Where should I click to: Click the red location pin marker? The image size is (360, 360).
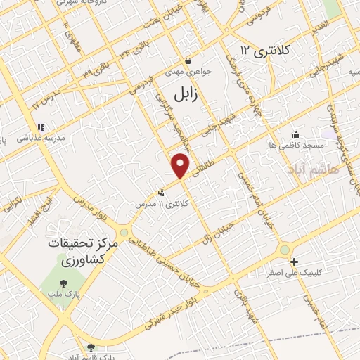[x=181, y=165]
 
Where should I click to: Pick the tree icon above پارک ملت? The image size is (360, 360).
[x=64, y=284]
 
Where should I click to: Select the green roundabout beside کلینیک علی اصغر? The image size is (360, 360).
[x=284, y=249]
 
